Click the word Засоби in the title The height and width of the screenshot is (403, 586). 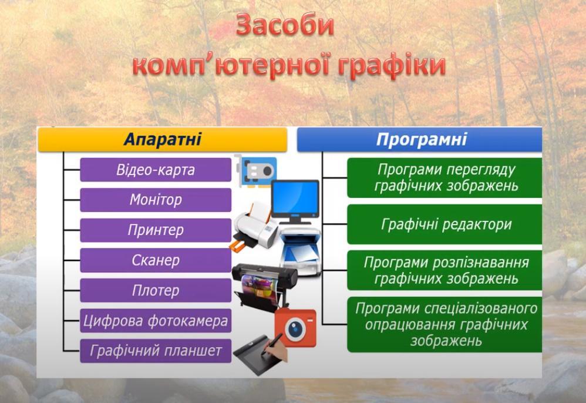285,25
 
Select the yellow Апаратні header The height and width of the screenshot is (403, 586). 163,139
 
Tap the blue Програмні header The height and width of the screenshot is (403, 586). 419,139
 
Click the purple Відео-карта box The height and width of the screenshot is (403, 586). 156,170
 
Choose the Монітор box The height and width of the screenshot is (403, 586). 156,200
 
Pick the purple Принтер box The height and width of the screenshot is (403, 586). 156,230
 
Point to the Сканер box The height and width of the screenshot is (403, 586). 156,260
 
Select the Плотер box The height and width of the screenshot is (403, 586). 156,290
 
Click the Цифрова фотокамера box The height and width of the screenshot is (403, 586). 156,321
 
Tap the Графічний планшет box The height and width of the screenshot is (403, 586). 156,351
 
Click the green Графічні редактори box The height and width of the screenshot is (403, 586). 444,224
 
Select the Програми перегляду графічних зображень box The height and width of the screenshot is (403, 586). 444,178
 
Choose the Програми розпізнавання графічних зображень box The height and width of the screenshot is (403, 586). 444,270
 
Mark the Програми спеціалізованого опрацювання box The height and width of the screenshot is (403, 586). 444,324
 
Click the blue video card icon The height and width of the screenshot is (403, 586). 257,171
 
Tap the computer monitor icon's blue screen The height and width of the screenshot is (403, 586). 295,198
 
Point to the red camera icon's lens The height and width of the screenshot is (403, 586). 295,329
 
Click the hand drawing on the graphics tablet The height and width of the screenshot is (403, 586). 276,348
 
